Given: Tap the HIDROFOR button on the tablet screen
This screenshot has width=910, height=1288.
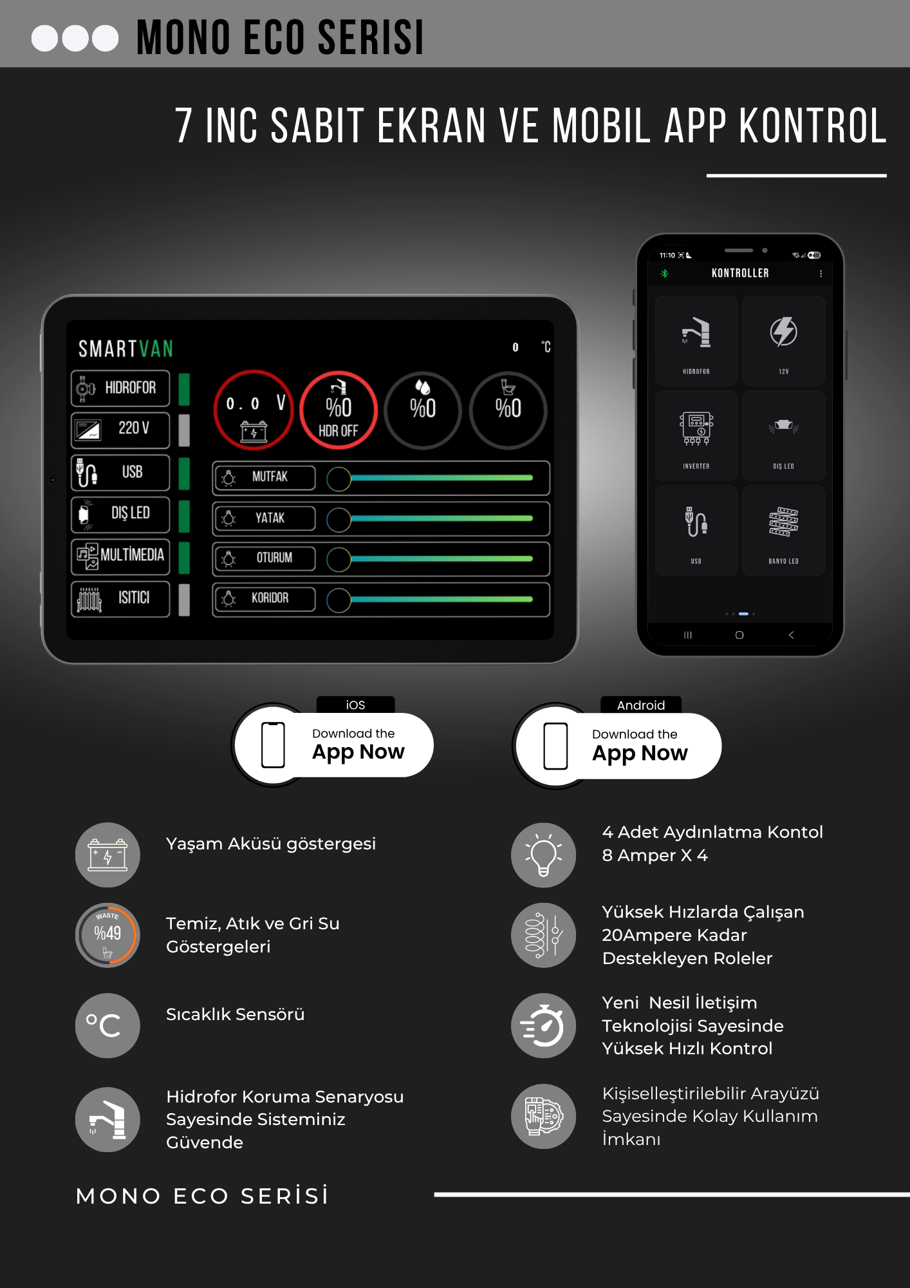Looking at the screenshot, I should click(x=120, y=388).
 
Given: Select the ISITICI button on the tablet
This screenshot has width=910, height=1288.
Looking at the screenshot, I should click(x=120, y=599).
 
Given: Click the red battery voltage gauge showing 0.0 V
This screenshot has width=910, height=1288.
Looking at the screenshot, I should click(x=254, y=410).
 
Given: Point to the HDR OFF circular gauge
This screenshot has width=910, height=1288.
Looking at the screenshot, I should click(x=339, y=410).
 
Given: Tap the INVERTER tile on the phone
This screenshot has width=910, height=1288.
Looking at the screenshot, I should click(x=696, y=436).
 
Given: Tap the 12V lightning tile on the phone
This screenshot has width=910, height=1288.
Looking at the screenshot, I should click(x=783, y=341).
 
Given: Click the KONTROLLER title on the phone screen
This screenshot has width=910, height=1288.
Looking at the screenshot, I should click(x=740, y=273).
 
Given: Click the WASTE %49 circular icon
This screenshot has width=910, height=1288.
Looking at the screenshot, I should click(x=107, y=935).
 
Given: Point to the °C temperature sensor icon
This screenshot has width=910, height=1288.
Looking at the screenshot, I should click(x=107, y=1025).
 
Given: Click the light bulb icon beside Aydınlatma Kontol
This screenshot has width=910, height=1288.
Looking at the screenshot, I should click(x=543, y=855).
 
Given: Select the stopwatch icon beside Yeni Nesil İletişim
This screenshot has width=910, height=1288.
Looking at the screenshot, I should click(x=543, y=1025).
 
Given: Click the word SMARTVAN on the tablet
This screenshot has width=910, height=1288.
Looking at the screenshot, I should click(x=126, y=349).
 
